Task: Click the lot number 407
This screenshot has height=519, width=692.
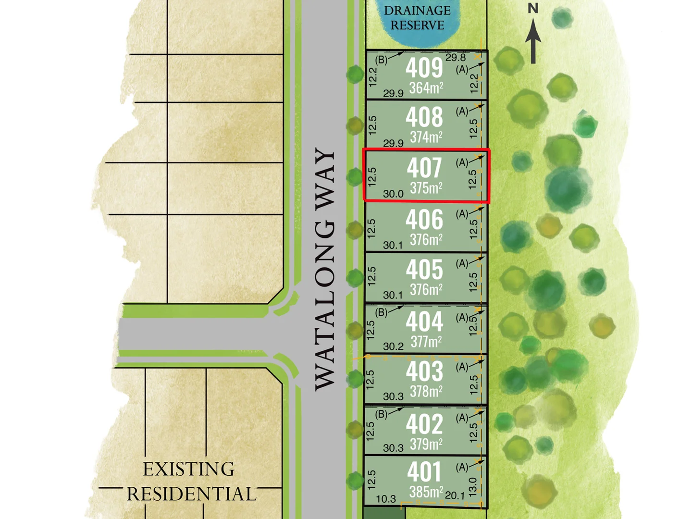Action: coord(424,168)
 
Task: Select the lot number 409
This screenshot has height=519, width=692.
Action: coord(424,67)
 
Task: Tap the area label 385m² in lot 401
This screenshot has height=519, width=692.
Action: coord(426,492)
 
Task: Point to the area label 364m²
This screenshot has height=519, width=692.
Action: coord(426,88)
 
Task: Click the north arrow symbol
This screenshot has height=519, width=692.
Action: coord(533,42)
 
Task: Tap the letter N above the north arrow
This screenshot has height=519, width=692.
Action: coord(533,9)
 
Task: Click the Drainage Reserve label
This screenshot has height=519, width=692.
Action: coord(417,18)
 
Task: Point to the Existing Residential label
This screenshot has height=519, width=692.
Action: coord(190,482)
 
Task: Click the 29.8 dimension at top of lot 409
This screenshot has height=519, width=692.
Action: coord(455,58)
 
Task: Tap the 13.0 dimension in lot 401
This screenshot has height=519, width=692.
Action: coord(472,487)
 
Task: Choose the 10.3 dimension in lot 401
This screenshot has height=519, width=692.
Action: coord(386,499)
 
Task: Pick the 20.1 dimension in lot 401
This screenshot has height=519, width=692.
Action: coord(455,495)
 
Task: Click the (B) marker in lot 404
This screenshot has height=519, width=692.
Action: coord(381,313)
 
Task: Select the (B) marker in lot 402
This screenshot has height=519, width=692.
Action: coord(381,414)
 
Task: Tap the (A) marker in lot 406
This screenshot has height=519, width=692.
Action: coord(462,214)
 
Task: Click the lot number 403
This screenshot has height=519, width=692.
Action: coord(424,371)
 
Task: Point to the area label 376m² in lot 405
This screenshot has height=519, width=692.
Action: coord(426,290)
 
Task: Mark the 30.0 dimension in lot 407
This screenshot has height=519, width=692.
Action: coord(393,194)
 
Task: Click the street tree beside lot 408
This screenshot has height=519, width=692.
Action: coord(355,126)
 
